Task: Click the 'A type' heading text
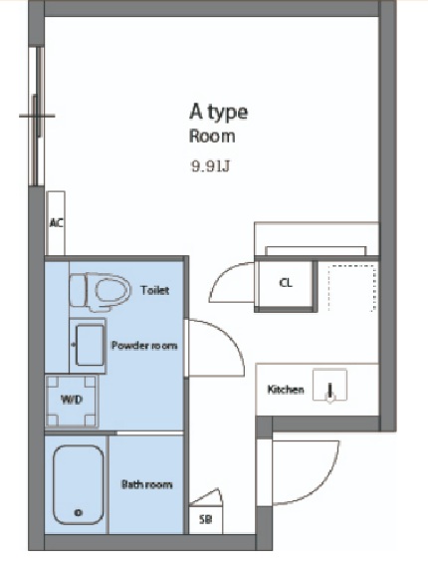219,113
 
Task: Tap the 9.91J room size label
211,166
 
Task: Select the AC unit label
56,222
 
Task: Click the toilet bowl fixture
100,292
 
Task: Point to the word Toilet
154,290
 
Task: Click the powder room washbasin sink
90,346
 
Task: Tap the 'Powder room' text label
144,346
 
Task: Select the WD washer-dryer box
72,401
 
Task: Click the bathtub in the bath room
78,484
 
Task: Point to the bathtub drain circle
78,512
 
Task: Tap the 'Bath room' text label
146,484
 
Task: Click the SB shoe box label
205,519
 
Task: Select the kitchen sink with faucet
329,386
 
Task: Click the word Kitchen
286,390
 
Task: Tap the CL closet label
286,282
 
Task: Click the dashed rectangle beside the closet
351,289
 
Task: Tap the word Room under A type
212,137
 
